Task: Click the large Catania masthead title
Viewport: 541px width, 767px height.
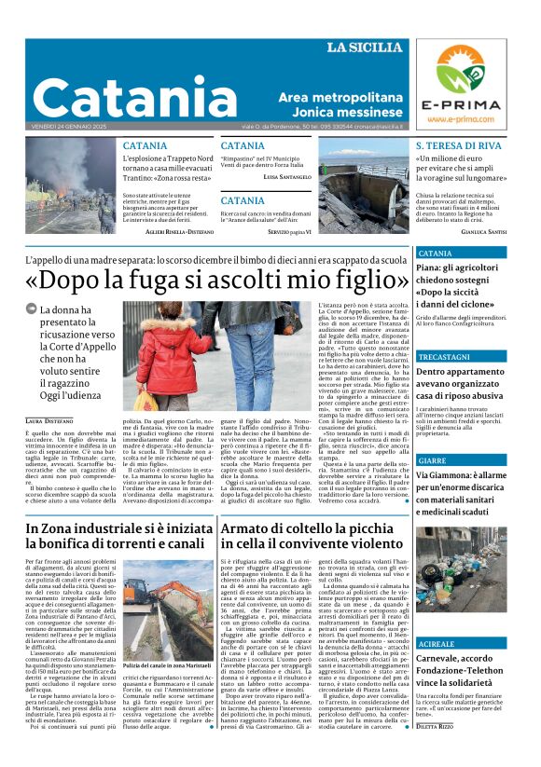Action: (x=135, y=96)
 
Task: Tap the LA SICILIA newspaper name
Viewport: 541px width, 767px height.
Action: (x=363, y=48)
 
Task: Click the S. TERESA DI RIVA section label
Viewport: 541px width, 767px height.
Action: (x=458, y=146)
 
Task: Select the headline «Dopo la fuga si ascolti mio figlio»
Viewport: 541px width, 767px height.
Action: (x=217, y=279)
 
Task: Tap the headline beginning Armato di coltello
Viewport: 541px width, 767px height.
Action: (x=312, y=538)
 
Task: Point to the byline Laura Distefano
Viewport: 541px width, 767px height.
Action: (x=48, y=422)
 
